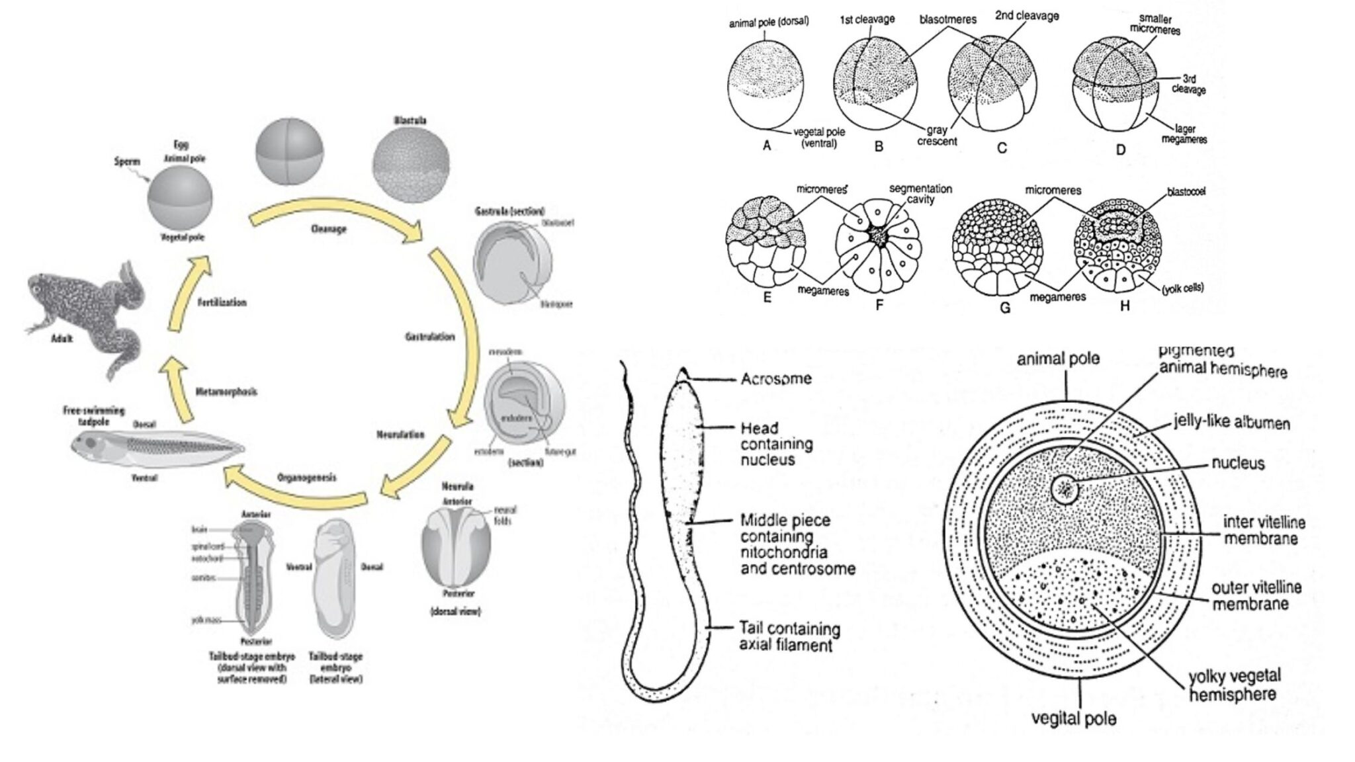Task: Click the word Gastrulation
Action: [x=429, y=337]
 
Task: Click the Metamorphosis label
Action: [x=226, y=392]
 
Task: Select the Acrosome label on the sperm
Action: [x=775, y=379]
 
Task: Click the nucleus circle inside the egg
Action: [x=1066, y=490]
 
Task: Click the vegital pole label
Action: [x=1074, y=718]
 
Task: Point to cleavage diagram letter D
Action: [x=1120, y=149]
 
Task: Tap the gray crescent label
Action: [x=937, y=136]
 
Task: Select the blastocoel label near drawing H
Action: [x=1186, y=192]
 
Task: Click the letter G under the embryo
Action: [x=1005, y=308]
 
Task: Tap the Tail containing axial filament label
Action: [x=789, y=636]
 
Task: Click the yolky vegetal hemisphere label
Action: [x=1234, y=685]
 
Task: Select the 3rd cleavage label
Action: [x=1189, y=85]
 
